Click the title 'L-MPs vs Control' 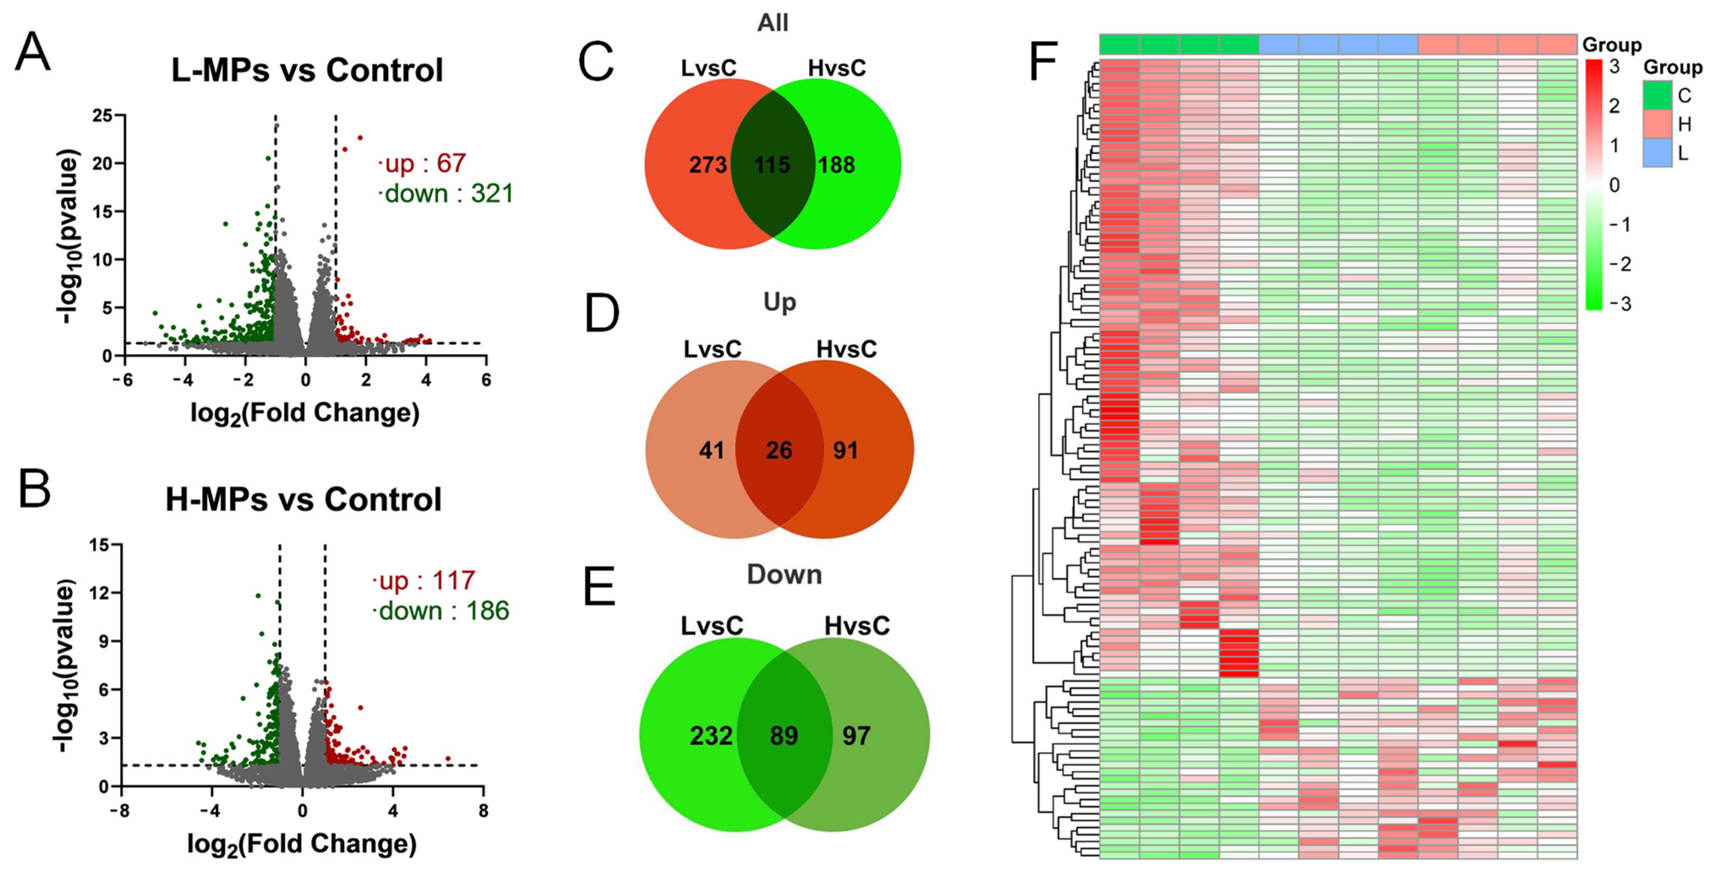(307, 70)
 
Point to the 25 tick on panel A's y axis (103, 116)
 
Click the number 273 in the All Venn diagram (708, 165)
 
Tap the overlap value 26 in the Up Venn (779, 450)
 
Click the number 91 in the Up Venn (845, 450)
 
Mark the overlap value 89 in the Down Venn (784, 736)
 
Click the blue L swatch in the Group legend (1657, 153)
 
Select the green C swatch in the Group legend (1657, 95)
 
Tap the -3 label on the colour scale (1620, 304)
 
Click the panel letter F (1044, 61)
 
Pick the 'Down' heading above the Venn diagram (784, 574)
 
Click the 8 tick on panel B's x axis (483, 811)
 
